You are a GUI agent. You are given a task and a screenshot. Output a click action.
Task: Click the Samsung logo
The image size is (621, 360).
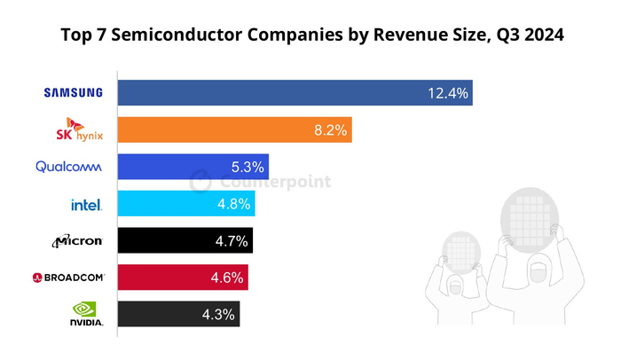tap(74, 92)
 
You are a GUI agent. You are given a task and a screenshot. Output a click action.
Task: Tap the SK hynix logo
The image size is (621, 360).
tap(81, 130)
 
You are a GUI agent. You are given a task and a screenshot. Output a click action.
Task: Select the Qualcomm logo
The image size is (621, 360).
tap(69, 167)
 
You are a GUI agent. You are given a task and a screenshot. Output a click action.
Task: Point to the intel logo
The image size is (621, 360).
tap(87, 204)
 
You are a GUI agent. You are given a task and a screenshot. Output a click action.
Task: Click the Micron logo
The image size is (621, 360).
tap(79, 240)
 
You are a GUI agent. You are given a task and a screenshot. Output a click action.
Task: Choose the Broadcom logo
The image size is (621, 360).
tap(68, 278)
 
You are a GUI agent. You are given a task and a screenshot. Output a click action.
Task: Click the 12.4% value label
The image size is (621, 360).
tap(447, 92)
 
